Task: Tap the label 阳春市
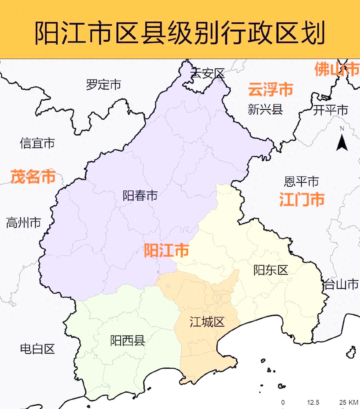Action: click(x=140, y=196)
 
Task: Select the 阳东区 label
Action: click(x=271, y=270)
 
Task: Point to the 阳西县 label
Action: click(x=127, y=341)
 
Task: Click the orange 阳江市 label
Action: click(x=166, y=250)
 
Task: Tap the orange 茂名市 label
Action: click(x=33, y=177)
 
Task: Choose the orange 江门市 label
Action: click(x=302, y=199)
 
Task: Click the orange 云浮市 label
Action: click(x=271, y=90)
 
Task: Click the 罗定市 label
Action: click(x=103, y=84)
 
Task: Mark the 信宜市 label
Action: click(x=37, y=143)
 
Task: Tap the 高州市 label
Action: click(x=24, y=223)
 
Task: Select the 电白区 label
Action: click(x=37, y=349)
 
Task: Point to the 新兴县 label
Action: click(x=265, y=109)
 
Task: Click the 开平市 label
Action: click(x=330, y=110)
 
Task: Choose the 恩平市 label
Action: click(x=301, y=182)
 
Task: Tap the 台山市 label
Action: click(x=341, y=285)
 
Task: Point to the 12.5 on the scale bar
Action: click(x=313, y=403)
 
